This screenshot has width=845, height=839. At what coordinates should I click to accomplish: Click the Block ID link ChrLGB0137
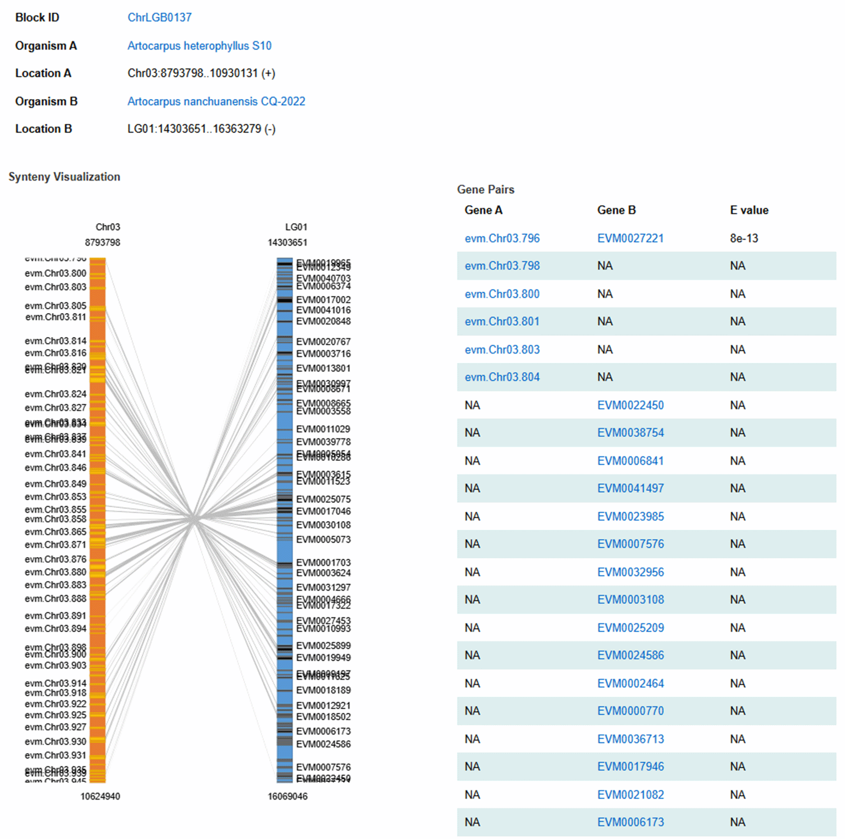(x=159, y=18)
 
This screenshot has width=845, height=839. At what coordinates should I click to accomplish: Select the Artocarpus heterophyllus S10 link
(x=199, y=46)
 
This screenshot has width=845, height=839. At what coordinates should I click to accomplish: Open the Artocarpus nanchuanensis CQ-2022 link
(x=216, y=102)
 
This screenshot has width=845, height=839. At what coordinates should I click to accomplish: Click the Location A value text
(x=201, y=73)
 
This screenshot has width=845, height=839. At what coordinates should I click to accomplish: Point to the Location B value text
(x=201, y=129)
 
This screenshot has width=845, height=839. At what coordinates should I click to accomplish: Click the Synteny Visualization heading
(x=64, y=177)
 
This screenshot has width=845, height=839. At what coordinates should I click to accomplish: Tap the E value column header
(x=749, y=210)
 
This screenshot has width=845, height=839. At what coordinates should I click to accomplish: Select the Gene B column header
(x=616, y=210)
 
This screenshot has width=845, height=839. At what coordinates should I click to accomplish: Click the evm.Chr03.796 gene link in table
(x=502, y=239)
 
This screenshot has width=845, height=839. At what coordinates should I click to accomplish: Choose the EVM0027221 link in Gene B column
(x=630, y=239)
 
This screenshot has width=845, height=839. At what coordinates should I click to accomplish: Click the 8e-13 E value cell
(x=744, y=239)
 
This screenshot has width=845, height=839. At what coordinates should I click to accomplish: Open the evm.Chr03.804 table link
(x=502, y=377)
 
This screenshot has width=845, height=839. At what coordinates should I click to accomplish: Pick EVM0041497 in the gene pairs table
(x=630, y=488)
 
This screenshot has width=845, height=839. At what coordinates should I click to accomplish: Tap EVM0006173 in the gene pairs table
(x=630, y=822)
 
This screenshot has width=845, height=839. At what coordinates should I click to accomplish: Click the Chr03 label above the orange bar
(x=108, y=227)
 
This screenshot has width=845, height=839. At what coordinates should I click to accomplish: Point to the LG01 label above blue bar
(x=296, y=227)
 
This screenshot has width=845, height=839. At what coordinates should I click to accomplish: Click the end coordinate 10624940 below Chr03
(x=100, y=796)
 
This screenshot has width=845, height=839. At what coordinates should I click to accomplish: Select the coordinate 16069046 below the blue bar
(x=287, y=796)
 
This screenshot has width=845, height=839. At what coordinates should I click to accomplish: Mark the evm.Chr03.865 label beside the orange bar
(x=55, y=532)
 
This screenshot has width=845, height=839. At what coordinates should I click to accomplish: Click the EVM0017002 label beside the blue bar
(x=323, y=300)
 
